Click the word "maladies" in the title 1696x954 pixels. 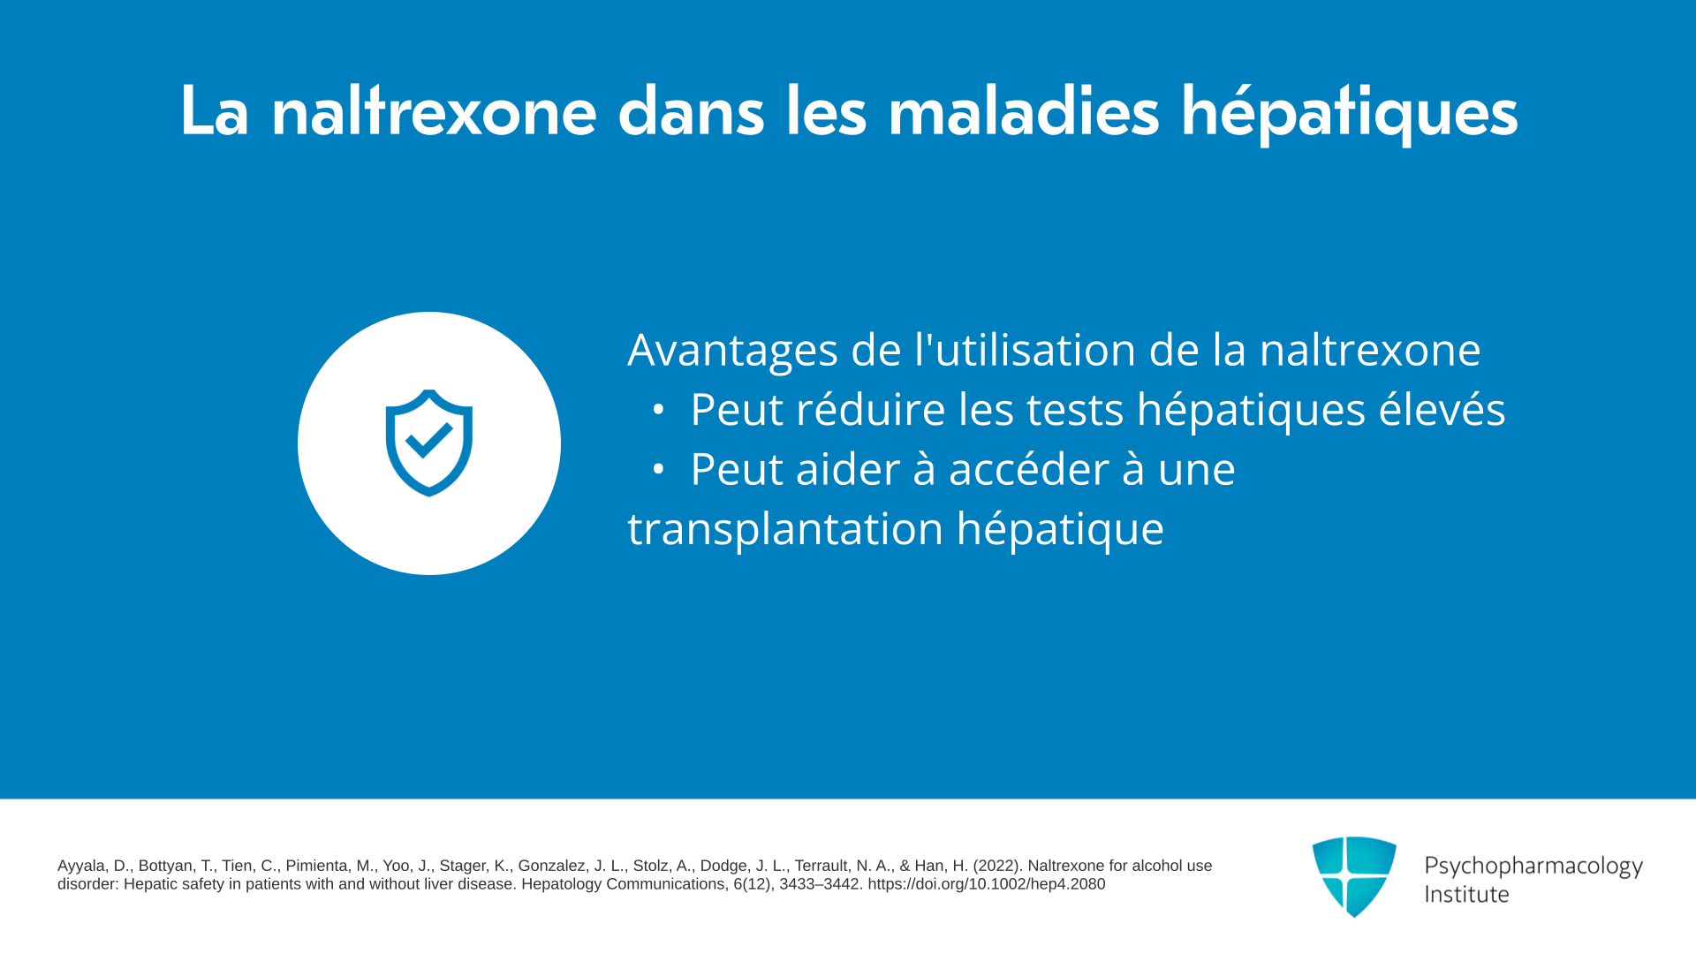click(x=1023, y=111)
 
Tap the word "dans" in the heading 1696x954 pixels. click(x=691, y=111)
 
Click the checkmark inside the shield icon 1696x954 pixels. click(x=429, y=440)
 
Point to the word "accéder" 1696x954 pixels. click(x=1028, y=468)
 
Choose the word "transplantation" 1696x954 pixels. click(x=785, y=529)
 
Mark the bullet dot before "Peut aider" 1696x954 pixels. click(x=658, y=470)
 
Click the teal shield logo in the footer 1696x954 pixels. click(x=1354, y=876)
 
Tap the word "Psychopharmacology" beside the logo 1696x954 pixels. click(x=1533, y=866)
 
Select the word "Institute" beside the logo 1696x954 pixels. click(x=1466, y=894)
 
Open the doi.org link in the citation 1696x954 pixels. click(x=986, y=884)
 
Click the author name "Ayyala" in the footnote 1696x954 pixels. click(x=81, y=867)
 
